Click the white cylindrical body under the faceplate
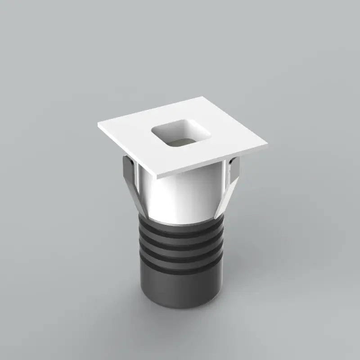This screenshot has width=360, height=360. [180, 198]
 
